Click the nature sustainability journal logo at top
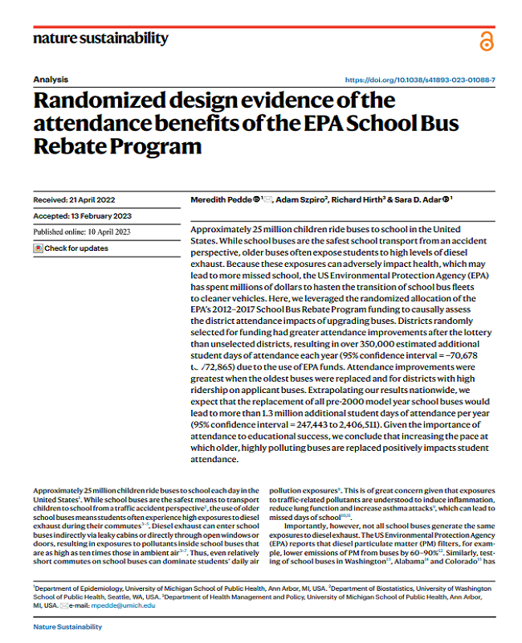pos(100,38)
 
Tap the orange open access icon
pos(486,42)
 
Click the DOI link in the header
pos(420,80)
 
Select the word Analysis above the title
pos(51,80)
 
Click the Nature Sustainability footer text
pos(68,626)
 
